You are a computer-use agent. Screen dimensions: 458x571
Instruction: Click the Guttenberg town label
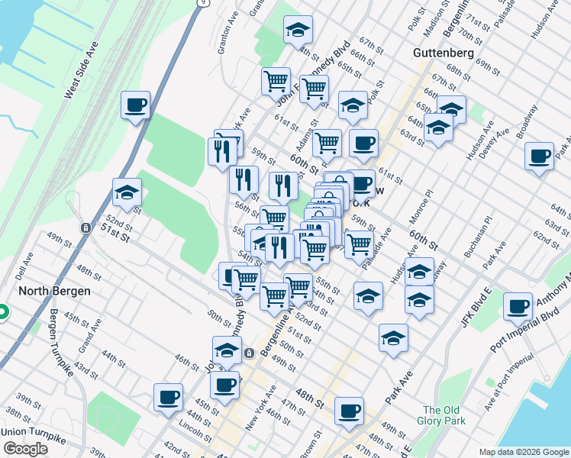[444, 53]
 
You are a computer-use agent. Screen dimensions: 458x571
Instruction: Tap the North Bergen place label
[54, 291]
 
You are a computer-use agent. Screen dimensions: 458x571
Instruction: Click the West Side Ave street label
[82, 70]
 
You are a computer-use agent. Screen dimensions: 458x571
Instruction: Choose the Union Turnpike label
[35, 433]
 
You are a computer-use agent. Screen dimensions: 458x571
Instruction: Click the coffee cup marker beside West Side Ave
[135, 105]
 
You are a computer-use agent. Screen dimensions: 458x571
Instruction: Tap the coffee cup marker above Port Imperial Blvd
[518, 306]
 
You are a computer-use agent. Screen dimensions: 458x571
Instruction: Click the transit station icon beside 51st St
[86, 227]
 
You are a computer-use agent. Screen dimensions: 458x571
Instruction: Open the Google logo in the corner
[25, 449]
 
